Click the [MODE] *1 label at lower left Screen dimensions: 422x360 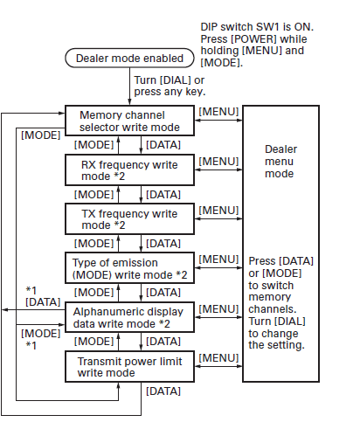point(38,339)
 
